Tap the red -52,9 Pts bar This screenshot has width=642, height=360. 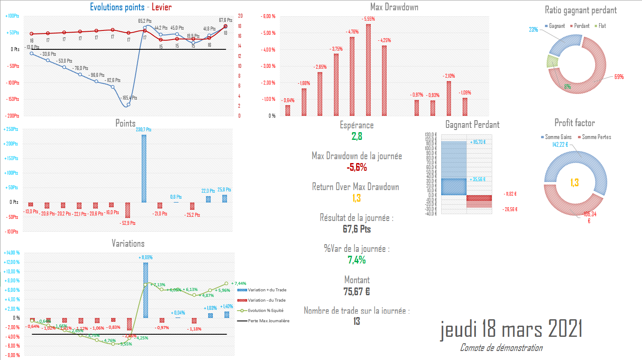tap(127, 210)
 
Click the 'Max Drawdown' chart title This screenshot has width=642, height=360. tap(394, 7)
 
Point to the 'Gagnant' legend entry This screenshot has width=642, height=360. tap(555, 26)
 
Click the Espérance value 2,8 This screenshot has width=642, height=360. tap(357, 136)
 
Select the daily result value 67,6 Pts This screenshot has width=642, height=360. tap(357, 229)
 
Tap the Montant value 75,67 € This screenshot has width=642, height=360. tap(357, 292)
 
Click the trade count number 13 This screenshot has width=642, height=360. tap(357, 321)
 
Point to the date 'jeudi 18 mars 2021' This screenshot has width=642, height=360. tap(511, 330)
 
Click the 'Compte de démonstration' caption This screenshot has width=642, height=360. tap(501, 348)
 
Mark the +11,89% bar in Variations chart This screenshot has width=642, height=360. tap(145, 290)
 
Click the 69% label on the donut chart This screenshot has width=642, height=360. tap(619, 77)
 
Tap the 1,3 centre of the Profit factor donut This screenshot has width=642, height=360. tap(575, 183)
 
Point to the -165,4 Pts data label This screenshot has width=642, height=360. tap(130, 98)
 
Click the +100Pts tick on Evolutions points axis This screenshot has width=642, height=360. tap(12, 16)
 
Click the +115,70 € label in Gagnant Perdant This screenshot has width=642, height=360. tap(478, 142)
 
